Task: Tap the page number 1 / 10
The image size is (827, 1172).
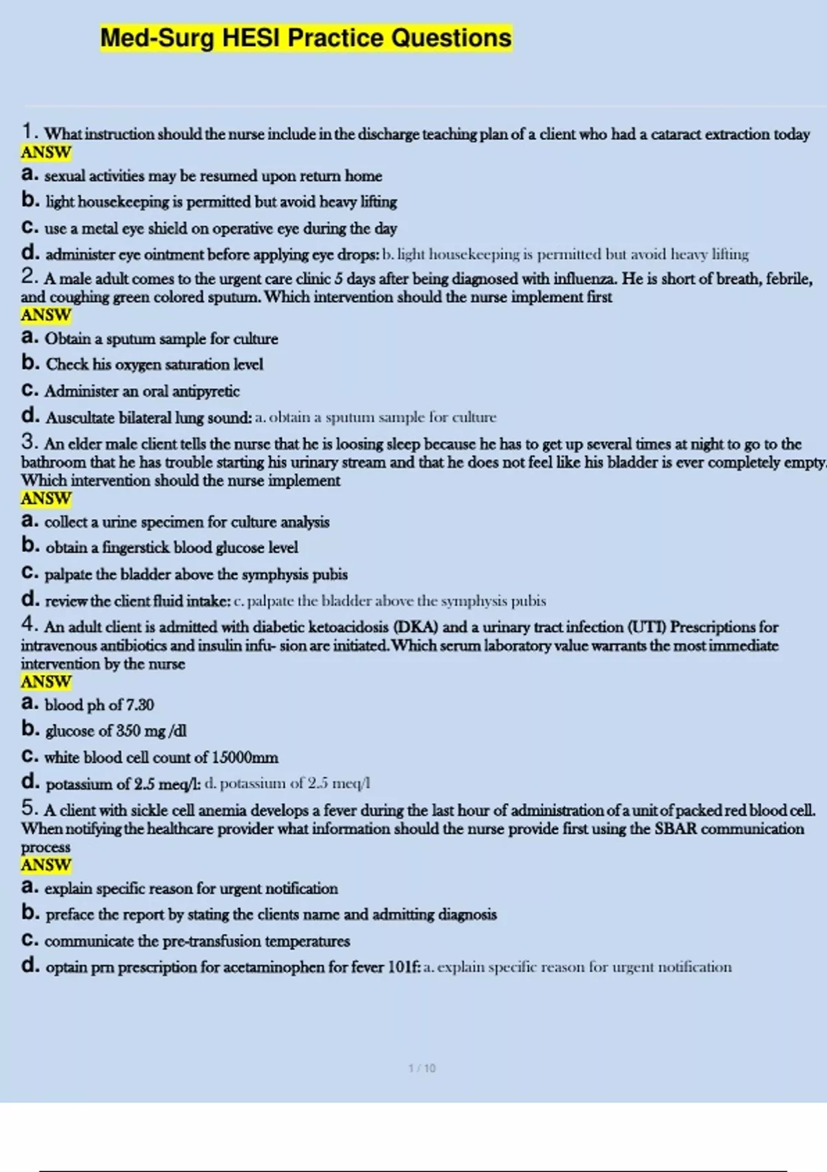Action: coord(422,1068)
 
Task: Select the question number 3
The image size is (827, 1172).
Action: coord(29,441)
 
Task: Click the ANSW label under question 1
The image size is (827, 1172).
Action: coord(46,152)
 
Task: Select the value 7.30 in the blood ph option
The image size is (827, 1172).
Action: coord(140,705)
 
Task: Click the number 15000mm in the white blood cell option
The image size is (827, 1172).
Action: coord(245,757)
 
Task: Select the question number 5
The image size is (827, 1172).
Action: coord(29,808)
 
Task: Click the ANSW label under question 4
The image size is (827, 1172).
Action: coord(46,681)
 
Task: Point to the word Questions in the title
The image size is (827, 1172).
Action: coord(451,38)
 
